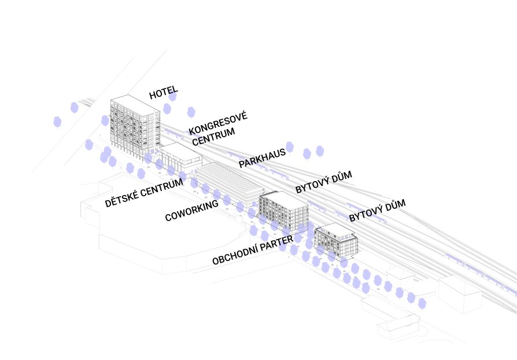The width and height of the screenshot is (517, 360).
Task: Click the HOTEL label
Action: (x=164, y=93)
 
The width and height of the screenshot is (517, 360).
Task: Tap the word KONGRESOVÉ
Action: (x=218, y=123)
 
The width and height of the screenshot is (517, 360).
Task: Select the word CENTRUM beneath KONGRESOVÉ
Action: (x=213, y=137)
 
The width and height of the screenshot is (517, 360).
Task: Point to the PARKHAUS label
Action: (x=262, y=158)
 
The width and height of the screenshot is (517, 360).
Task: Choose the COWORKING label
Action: (x=191, y=210)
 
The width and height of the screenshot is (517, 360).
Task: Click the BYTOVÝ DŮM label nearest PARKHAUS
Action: (x=323, y=182)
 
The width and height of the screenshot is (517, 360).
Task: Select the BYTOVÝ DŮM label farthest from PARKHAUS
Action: (x=377, y=210)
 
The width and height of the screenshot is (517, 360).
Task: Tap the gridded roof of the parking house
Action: (x=229, y=178)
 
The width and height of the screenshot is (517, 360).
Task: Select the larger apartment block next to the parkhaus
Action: (x=283, y=211)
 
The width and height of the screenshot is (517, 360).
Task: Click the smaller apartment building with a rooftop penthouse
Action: (x=335, y=241)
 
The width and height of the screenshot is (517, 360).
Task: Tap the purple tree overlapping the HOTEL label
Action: (x=172, y=96)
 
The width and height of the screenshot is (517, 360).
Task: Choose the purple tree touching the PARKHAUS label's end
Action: (x=290, y=147)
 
